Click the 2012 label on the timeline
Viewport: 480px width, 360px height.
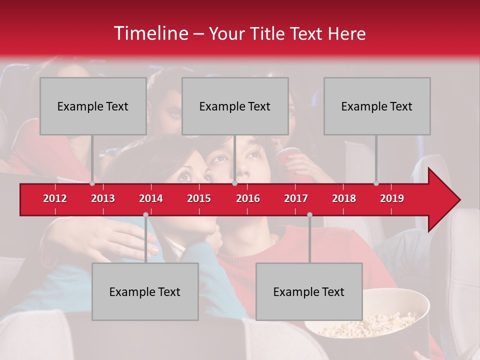pos(55,198)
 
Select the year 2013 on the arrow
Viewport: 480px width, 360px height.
pos(103,198)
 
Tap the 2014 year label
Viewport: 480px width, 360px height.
pos(151,198)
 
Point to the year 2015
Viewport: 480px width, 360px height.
pos(199,198)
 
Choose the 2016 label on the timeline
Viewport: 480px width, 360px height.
pos(248,198)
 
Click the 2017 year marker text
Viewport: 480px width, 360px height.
pos(296,198)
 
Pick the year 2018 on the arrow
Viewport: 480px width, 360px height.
pos(344,198)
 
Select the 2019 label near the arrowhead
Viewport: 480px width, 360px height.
pos(392,198)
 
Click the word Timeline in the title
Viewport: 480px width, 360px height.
pos(150,33)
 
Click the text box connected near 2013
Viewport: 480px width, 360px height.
pos(93,106)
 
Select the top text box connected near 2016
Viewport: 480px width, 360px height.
pos(235,106)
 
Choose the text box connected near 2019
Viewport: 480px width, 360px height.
pos(377,106)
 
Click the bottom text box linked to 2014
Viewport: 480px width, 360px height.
pos(145,291)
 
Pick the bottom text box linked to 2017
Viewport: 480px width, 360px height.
pos(309,291)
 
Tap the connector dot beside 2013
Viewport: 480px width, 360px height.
pos(92,183)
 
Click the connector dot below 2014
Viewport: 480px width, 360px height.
pos(145,214)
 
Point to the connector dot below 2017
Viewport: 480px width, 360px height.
pos(309,214)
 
